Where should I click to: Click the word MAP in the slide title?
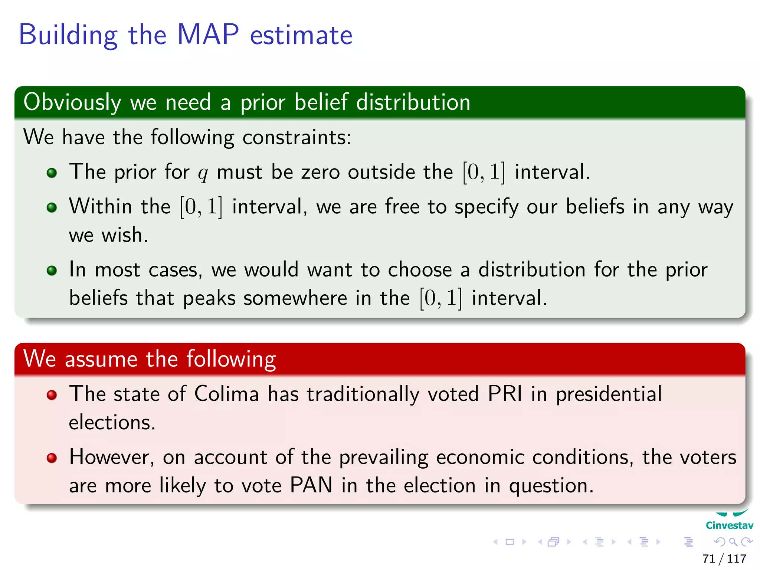pyautogui.click(x=208, y=35)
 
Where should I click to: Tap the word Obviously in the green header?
pyautogui.click(x=72, y=102)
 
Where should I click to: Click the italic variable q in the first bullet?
pyautogui.click(x=203, y=173)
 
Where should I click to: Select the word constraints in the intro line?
pyautogui.click(x=297, y=137)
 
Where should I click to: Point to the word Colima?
pyautogui.click(x=226, y=394)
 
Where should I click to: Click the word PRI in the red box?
pyautogui.click(x=505, y=394)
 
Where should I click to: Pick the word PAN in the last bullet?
pyautogui.click(x=311, y=485)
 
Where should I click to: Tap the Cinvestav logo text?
pyautogui.click(x=729, y=525)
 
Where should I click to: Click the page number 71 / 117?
pyautogui.click(x=724, y=558)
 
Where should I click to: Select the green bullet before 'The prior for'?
pyautogui.click(x=52, y=173)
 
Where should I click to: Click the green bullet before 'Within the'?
pyautogui.click(x=52, y=207)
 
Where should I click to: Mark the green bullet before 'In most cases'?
pyautogui.click(x=52, y=271)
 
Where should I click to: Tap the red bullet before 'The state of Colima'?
pyautogui.click(x=52, y=395)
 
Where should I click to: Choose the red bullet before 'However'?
pyautogui.click(x=52, y=458)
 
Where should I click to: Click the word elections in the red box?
pyautogui.click(x=112, y=422)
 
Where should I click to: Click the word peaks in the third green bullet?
pyautogui.click(x=209, y=298)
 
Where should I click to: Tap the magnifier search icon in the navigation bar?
pyautogui.click(x=733, y=542)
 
